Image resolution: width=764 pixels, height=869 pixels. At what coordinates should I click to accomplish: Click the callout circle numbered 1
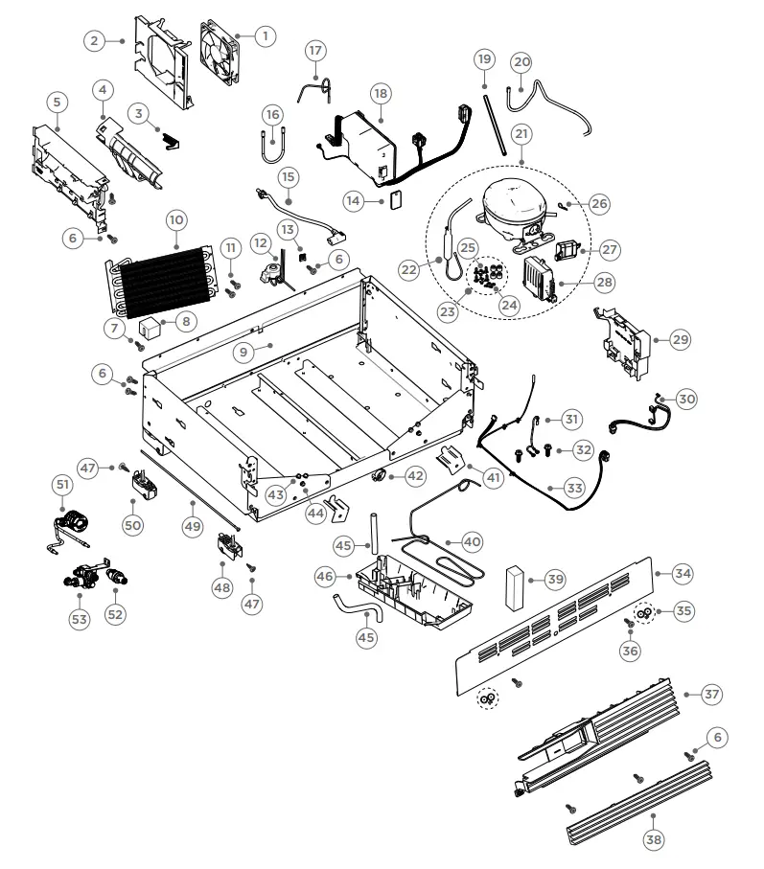(x=265, y=36)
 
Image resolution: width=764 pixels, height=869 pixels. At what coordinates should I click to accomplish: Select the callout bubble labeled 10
(x=176, y=219)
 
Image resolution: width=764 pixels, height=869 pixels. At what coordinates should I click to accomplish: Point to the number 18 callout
(x=382, y=93)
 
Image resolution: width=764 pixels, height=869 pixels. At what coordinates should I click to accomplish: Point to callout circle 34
(x=682, y=574)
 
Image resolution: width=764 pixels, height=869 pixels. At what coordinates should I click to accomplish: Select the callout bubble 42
(x=414, y=475)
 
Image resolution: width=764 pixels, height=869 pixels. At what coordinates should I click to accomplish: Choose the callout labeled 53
(x=78, y=621)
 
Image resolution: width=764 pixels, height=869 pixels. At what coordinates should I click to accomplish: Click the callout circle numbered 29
(x=679, y=341)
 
